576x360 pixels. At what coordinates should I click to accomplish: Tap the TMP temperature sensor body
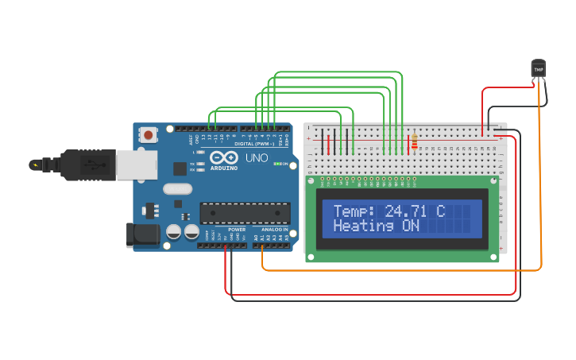click(x=539, y=69)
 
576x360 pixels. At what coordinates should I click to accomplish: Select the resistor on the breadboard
click(x=414, y=142)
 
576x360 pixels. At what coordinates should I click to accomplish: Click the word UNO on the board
click(x=256, y=158)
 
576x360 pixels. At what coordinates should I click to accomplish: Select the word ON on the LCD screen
click(x=410, y=226)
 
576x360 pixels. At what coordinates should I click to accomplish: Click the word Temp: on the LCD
click(x=354, y=211)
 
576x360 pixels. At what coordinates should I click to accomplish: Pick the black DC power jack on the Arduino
click(x=141, y=234)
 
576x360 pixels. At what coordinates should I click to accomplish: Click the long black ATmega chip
click(x=244, y=214)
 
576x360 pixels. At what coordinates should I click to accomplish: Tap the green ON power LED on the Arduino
click(x=275, y=165)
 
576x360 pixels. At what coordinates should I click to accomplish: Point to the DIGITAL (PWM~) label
click(x=255, y=144)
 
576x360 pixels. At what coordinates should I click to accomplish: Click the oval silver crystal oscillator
click(x=177, y=189)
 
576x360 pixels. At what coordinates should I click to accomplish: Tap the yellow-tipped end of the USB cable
click(x=34, y=165)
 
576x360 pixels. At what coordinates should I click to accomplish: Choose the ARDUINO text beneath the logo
click(x=226, y=168)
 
